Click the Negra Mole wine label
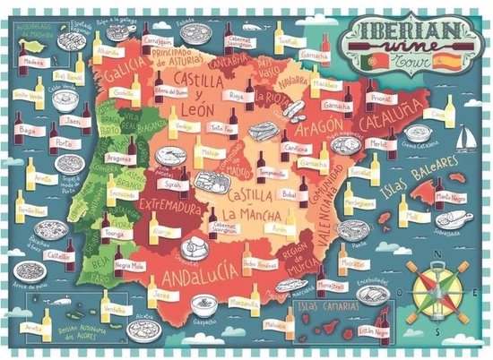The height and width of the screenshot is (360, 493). [x=131, y=265]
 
